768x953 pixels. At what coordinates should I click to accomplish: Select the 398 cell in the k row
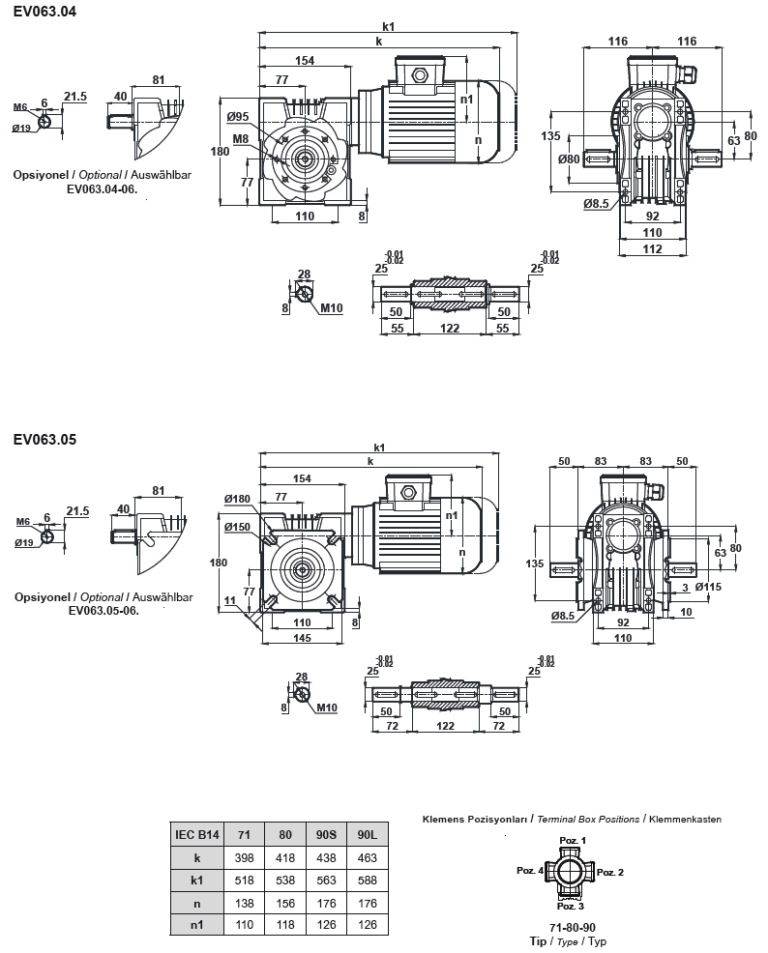[244, 857]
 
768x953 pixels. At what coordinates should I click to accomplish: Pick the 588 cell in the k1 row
[367, 880]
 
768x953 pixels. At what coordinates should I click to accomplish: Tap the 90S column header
[326, 834]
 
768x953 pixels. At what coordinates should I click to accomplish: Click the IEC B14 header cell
[196, 834]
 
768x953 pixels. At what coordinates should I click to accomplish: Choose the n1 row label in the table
[196, 925]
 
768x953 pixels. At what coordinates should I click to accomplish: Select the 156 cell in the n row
[285, 903]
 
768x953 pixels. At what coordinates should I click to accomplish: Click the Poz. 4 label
[530, 871]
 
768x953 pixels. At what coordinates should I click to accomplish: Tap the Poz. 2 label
[610, 873]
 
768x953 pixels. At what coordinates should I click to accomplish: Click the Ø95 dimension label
[239, 117]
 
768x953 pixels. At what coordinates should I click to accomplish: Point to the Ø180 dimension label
[237, 499]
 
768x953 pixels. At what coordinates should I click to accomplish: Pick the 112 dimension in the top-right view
[652, 249]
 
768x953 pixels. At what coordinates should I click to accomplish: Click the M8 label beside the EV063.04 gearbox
[240, 139]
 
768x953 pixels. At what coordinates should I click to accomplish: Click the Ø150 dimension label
[237, 528]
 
